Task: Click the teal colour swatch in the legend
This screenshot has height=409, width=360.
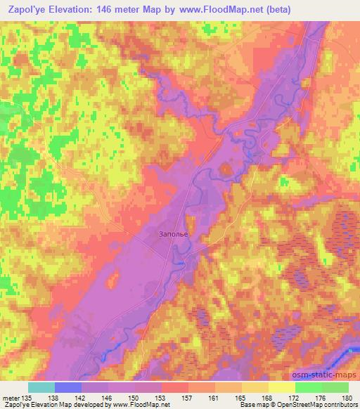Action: (x=41, y=387)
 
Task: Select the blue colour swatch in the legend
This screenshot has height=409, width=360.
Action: (x=68, y=387)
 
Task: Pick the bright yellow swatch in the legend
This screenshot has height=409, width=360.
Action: (x=281, y=387)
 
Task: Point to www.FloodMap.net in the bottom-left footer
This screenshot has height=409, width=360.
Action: (x=140, y=405)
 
